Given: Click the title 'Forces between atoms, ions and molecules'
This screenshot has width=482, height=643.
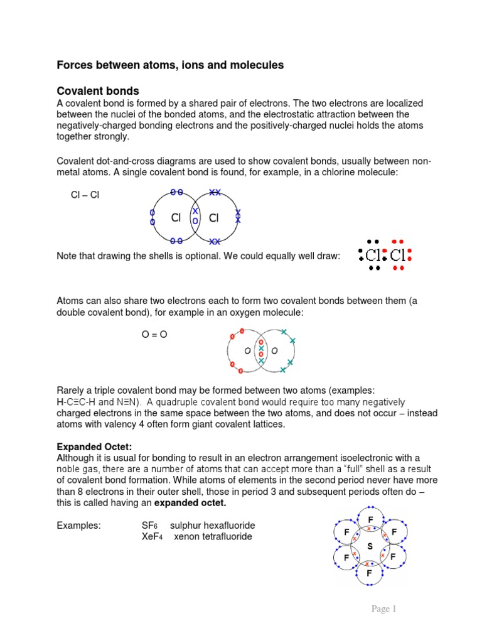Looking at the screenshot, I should tap(170, 65).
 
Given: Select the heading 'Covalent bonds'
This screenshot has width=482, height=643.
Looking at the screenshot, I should tap(97, 91).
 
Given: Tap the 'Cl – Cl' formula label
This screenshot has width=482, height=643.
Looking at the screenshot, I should tap(85, 195).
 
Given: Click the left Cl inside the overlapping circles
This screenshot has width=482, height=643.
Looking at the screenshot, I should tap(176, 218).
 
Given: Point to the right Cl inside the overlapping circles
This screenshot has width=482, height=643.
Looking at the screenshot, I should tap(213, 218).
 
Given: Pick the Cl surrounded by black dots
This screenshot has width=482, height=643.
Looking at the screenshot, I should tap(373, 256).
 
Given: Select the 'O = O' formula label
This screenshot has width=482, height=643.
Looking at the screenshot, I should tap(154, 335).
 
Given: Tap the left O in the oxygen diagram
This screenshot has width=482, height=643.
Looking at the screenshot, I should tap(248, 350).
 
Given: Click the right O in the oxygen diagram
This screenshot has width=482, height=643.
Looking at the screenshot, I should tap(274, 350).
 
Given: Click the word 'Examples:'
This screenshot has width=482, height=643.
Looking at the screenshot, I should tap(78, 526).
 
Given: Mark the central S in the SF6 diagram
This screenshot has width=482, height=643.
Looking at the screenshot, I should tap(370, 546).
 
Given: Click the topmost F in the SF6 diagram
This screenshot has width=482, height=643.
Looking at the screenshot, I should tap(370, 519).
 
